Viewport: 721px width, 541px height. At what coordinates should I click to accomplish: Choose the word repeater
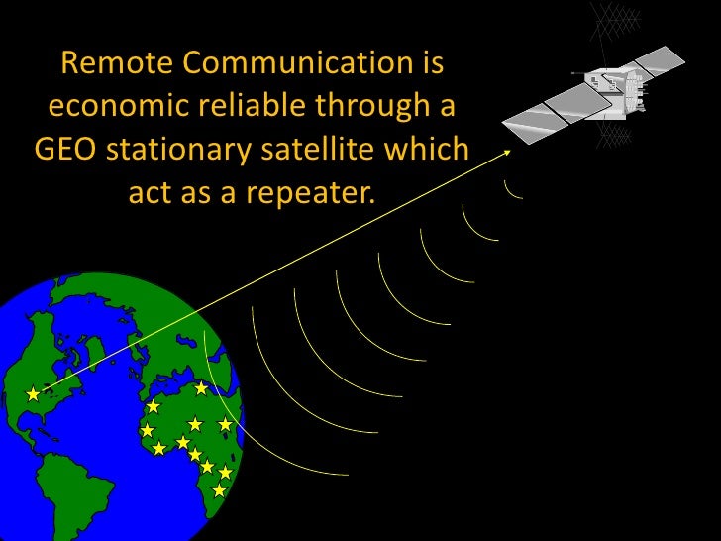317,192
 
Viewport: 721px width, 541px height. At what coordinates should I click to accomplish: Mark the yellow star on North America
33,394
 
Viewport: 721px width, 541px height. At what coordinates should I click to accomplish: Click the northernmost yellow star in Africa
202,387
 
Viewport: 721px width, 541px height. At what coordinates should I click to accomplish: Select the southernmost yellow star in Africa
220,489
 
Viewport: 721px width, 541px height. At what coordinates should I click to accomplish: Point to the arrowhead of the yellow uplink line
506,152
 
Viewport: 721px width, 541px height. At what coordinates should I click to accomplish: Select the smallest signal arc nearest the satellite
511,188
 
